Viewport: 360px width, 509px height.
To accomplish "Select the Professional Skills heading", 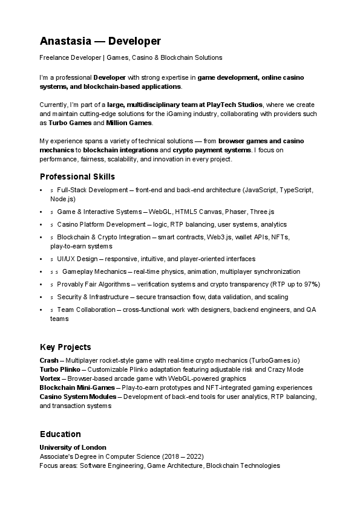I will pos(77,177).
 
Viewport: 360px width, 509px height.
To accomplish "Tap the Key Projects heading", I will pos(65,347).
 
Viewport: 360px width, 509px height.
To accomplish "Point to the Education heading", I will pos(60,434).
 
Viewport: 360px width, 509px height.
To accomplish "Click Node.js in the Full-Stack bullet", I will pos(63,198).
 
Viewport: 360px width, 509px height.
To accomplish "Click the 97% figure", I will pos(312,284).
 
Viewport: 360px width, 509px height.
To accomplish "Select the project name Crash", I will pos(49,360).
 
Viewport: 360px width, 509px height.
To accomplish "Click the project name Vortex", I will pos(50,378).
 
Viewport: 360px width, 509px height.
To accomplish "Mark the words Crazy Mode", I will pos(284,369).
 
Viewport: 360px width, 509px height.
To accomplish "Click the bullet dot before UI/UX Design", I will pos(41,259).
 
